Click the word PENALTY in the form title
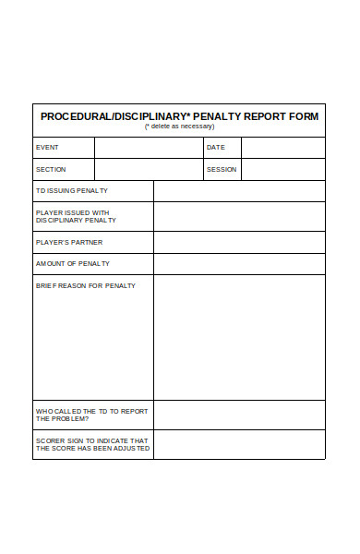coord(211,116)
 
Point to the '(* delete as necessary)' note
coord(179,127)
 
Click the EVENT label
coord(47,148)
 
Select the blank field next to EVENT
coord(149,148)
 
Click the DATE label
coord(215,148)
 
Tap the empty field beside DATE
coord(282,148)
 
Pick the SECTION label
coord(51,170)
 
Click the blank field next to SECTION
coord(149,170)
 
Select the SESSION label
coord(222,170)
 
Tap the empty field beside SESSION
coord(282,170)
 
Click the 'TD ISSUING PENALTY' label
coord(72,191)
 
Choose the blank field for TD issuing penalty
coord(239,191)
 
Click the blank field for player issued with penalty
coord(239,216)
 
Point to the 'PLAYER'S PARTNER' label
coord(69,243)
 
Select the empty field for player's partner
coord(239,243)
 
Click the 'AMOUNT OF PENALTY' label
coord(73,264)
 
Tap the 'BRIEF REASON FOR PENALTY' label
coord(86,286)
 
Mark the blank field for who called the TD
coord(239,415)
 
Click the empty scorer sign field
coord(239,444)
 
